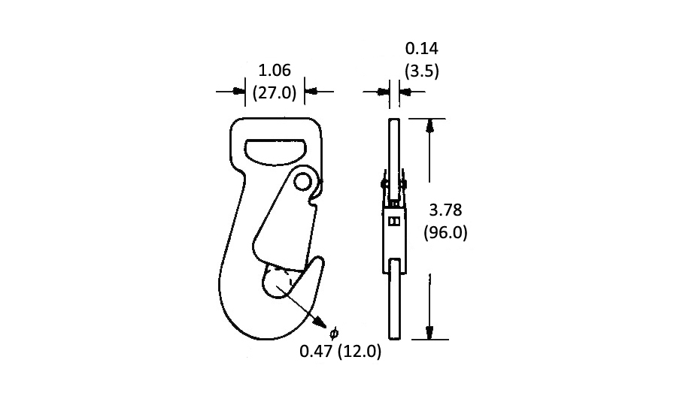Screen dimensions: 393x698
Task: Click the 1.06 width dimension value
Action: pyautogui.click(x=275, y=71)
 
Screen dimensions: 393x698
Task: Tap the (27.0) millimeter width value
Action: pyautogui.click(x=275, y=92)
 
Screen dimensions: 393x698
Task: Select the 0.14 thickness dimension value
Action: pyautogui.click(x=421, y=49)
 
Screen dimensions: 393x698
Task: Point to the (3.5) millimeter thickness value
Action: pyautogui.click(x=421, y=71)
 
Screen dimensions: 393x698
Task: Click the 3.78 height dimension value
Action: pyautogui.click(x=445, y=210)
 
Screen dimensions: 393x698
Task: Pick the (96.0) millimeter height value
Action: pyautogui.click(x=445, y=232)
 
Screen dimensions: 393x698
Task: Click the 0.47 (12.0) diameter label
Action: pyautogui.click(x=340, y=351)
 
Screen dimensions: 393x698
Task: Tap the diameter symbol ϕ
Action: pyautogui.click(x=334, y=332)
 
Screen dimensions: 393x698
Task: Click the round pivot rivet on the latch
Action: pyautogui.click(x=303, y=181)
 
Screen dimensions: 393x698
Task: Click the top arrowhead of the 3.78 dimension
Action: pyautogui.click(x=429, y=125)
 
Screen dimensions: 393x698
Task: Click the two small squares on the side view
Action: pyautogui.click(x=394, y=221)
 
